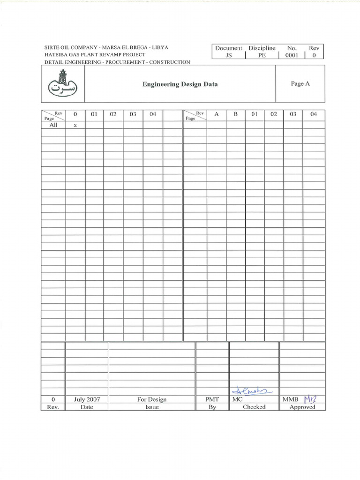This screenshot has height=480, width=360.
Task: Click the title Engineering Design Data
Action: (x=180, y=84)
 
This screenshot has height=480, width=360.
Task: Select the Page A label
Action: (x=300, y=84)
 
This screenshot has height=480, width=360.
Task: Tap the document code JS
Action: (x=228, y=55)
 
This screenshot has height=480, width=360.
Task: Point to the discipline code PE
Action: (x=262, y=55)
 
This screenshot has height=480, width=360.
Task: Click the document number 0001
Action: (x=292, y=55)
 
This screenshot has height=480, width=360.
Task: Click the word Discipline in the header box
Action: (x=262, y=48)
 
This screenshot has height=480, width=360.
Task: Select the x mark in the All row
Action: (x=75, y=126)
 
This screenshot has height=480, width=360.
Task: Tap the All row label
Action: (x=53, y=125)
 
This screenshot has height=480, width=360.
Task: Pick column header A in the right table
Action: (x=217, y=114)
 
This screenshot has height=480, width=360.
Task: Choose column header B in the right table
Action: (x=236, y=114)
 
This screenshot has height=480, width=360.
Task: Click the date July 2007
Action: (x=87, y=399)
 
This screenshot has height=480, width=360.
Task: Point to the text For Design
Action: (x=152, y=399)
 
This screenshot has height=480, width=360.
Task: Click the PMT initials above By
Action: (x=212, y=399)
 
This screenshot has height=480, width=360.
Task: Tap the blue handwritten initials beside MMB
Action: (x=311, y=399)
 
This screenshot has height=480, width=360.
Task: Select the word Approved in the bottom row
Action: (x=302, y=407)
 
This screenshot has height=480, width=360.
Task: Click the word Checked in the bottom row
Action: (x=254, y=407)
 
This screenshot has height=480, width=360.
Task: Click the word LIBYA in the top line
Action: (x=160, y=48)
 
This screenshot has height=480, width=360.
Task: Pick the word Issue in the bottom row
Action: (x=152, y=407)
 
